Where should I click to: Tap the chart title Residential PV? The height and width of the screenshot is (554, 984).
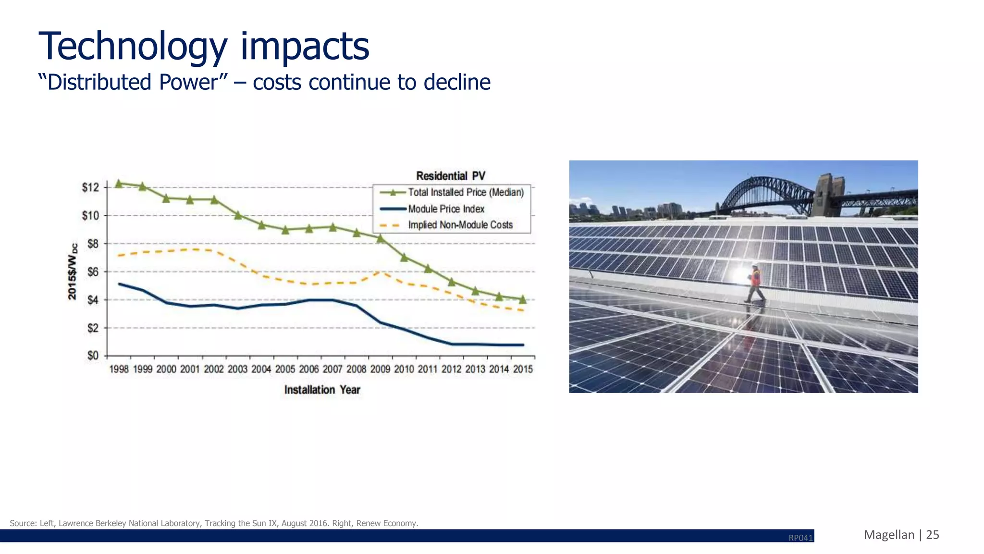pos(450,176)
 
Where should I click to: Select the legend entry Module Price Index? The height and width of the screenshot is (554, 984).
pos(446,209)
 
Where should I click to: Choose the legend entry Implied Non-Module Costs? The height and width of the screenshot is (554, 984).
pos(460,225)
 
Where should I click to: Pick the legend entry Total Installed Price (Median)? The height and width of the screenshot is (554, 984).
pos(465,192)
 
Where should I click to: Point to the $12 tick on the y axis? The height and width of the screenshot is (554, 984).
pos(90,187)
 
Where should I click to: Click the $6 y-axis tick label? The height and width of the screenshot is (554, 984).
pos(92,272)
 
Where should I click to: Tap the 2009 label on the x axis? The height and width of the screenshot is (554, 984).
pos(380,369)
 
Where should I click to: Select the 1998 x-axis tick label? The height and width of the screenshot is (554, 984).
pos(119,369)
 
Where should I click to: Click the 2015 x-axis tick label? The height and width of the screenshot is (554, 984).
pos(523,369)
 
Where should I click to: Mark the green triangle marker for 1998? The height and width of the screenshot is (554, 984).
pos(119,183)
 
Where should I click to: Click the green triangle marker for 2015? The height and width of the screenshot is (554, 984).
pos(523,299)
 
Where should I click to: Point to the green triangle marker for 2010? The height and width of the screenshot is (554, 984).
pos(404,258)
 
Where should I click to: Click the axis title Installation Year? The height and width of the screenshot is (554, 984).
pos(322,390)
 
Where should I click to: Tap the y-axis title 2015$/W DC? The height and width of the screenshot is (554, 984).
pos(72,271)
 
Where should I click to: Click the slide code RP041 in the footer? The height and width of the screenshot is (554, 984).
pos(800,538)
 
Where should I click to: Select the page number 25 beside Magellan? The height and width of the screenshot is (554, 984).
pos(932,535)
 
